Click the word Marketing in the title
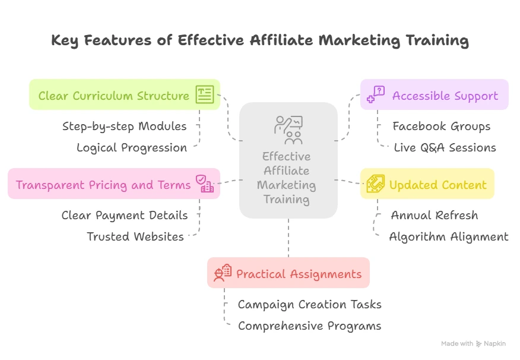click(x=359, y=41)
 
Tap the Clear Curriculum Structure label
click(x=114, y=96)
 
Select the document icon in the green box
click(x=205, y=94)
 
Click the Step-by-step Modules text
click(x=125, y=127)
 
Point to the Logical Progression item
click(x=132, y=148)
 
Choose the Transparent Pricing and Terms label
click(x=103, y=185)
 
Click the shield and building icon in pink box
click(x=205, y=184)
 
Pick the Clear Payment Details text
click(x=125, y=215)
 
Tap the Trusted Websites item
click(x=135, y=236)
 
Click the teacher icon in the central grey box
click(x=288, y=130)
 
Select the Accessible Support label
click(x=445, y=96)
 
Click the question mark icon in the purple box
click(x=376, y=94)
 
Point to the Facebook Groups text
click(x=442, y=127)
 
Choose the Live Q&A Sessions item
click(x=445, y=148)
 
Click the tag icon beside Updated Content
click(x=376, y=184)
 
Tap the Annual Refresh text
click(x=435, y=215)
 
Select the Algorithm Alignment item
click(x=449, y=236)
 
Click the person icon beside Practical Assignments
click(x=223, y=273)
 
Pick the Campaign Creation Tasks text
click(x=310, y=305)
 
